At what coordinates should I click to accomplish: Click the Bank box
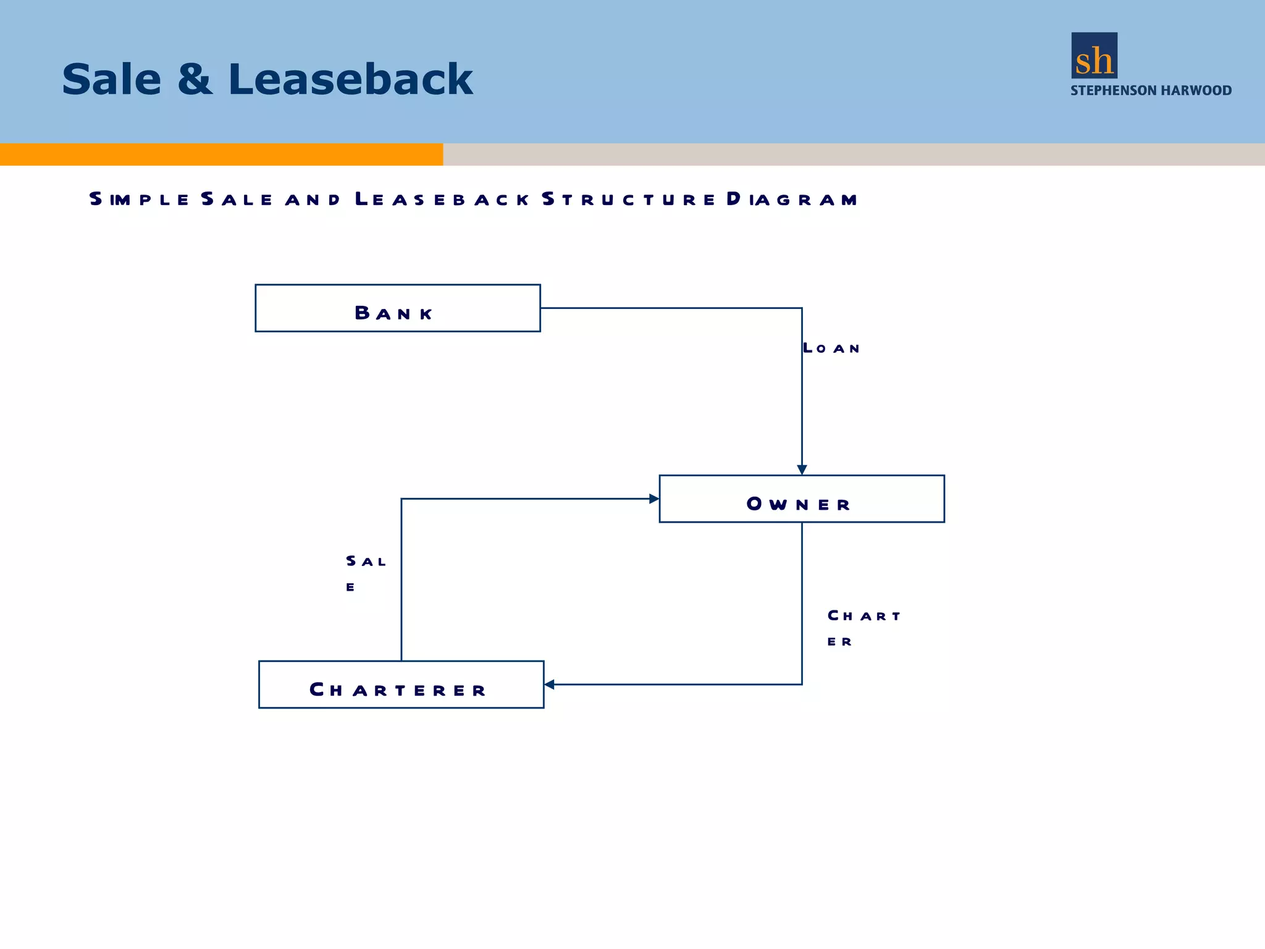point(397,308)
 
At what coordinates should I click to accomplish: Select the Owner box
point(801,499)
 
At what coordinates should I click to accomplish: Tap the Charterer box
point(401,685)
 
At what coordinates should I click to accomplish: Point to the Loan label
point(831,348)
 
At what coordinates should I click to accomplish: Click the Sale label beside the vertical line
point(365,572)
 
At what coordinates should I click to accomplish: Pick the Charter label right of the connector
point(864,628)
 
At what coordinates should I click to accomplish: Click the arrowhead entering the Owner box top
point(802,470)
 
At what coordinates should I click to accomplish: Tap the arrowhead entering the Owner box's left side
point(654,499)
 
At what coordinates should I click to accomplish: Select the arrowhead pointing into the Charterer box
point(549,685)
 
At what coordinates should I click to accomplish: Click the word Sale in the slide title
point(112,80)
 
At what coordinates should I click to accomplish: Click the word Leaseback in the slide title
point(350,80)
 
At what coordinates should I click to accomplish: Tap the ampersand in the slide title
point(195,80)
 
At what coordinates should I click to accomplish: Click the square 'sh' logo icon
point(1094,56)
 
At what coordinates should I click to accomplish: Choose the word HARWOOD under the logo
point(1196,91)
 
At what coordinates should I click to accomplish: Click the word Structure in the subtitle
point(628,200)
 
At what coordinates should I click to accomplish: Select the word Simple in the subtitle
point(140,200)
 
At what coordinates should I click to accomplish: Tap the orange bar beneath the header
point(221,154)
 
